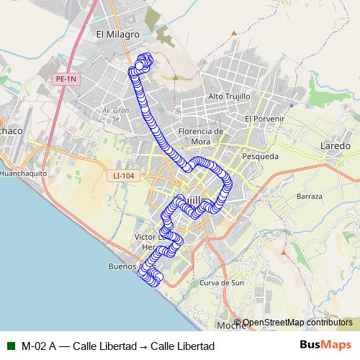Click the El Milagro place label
117,33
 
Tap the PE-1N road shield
66,79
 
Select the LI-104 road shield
124,175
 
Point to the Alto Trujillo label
228,96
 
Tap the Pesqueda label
260,156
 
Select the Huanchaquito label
23,174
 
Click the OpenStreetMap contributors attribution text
297,323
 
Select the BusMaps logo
325,345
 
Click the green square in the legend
11,346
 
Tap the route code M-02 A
38,346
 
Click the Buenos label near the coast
122,266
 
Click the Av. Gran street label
115,110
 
